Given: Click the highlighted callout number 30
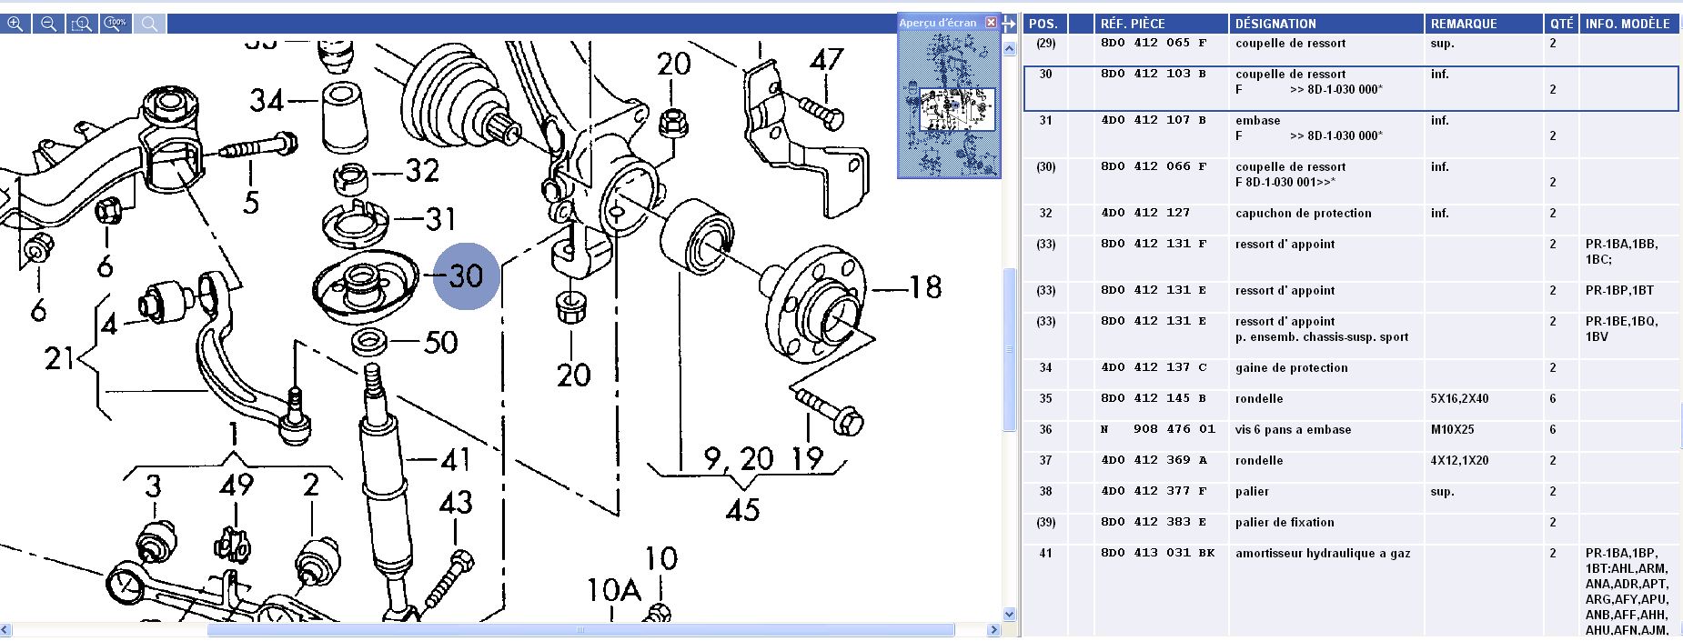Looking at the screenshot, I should (x=466, y=275).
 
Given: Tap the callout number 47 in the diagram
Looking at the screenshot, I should (x=826, y=61).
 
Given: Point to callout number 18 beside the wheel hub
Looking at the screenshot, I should (x=925, y=288).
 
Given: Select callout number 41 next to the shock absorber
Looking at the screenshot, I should (x=455, y=460).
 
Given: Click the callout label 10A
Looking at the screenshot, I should (x=614, y=591).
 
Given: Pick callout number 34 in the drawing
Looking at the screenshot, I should (x=267, y=100).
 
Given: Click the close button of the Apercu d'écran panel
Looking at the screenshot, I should (x=991, y=23).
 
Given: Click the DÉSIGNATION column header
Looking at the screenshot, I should (x=1275, y=24).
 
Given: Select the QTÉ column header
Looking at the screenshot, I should (x=1561, y=24).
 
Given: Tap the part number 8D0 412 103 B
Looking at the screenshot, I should (x=1153, y=74).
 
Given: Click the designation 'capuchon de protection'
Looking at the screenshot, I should (x=1303, y=213).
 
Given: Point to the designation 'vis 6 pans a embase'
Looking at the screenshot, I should (x=1293, y=429).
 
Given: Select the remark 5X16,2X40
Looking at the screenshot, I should (x=1459, y=398).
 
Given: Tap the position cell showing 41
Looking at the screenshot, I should (x=1045, y=553).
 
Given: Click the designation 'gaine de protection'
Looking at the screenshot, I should (x=1291, y=367).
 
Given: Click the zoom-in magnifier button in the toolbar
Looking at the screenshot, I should (x=15, y=24).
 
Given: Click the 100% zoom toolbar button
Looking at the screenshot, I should (x=116, y=24).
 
